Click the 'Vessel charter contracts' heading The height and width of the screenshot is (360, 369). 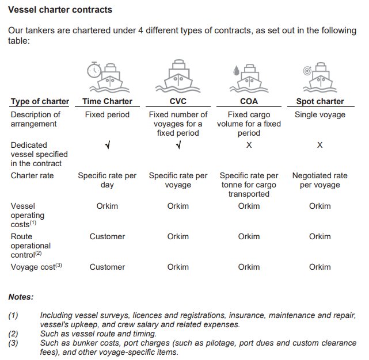coord(60,10)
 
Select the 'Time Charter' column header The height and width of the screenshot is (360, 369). coord(107,101)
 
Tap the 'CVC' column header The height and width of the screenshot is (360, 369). coord(178,101)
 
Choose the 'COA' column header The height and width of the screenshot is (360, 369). coord(249,101)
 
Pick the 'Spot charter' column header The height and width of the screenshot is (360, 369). coord(319,101)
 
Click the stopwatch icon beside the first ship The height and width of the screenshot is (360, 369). coord(93,70)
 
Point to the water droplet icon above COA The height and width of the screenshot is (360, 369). coord(235,70)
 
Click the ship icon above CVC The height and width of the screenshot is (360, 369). coord(178,78)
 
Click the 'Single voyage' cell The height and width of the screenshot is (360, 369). coord(319,114)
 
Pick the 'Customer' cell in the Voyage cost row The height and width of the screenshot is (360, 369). coord(107,267)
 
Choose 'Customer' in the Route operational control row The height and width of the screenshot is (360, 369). coord(107,236)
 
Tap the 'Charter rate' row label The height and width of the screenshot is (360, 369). coord(33,175)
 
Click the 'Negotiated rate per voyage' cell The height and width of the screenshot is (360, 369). coord(319,180)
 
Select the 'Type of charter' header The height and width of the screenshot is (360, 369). coord(40,101)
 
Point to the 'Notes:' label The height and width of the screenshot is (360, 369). coord(21,297)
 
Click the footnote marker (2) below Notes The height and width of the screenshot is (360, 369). coord(13,333)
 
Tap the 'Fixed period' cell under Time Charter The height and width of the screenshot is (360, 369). coord(107,114)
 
